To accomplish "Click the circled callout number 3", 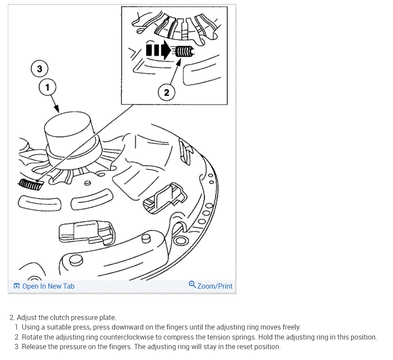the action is [40, 69].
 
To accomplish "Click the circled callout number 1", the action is [47, 87].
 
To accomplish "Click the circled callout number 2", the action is [166, 92].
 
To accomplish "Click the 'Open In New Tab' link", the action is [48, 286].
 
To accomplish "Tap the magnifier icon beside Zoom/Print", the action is [193, 285].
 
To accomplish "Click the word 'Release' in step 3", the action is [33, 347].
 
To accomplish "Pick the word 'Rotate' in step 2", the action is [32, 337].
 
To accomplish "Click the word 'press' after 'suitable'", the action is [85, 327].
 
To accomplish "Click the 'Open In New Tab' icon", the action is [17, 286].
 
